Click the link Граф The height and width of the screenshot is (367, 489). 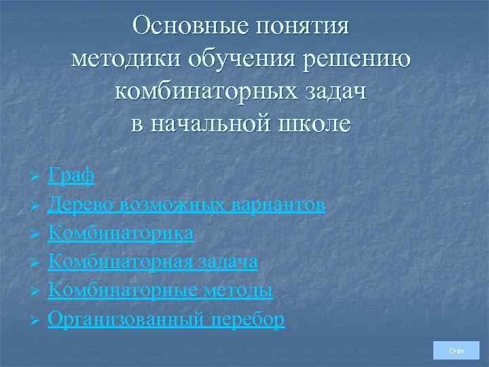[x=71, y=176]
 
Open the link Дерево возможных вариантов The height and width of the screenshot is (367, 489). [x=186, y=205]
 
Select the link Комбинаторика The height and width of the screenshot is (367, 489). [x=121, y=233]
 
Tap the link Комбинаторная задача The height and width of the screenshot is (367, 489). [x=152, y=262]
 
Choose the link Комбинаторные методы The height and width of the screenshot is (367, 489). [x=160, y=290]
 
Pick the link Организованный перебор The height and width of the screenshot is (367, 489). [x=166, y=319]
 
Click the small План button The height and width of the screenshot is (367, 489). [x=456, y=351]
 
